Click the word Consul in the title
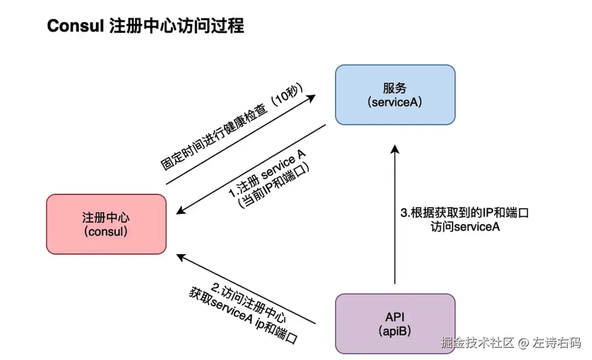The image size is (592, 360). coord(74,26)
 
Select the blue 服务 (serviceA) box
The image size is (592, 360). coord(395,95)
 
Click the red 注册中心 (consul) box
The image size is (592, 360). coord(106,224)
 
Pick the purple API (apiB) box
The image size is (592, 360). coord(395,324)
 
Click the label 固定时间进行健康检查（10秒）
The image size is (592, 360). coord(232,130)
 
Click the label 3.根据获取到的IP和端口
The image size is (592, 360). coord(464,214)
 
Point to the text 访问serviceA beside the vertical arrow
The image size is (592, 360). coord(463,227)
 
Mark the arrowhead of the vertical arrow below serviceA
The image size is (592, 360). coord(395,149)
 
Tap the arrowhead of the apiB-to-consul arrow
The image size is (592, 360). coord(181,257)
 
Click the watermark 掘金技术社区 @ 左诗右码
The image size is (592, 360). coord(511,342)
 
